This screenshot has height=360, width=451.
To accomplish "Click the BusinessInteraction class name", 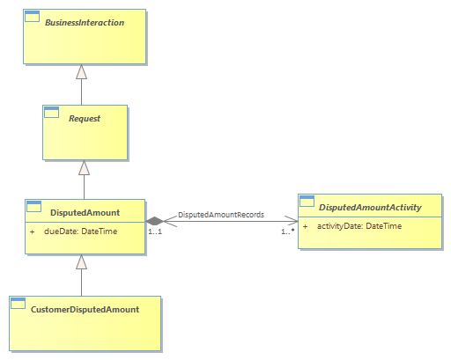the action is point(85,23).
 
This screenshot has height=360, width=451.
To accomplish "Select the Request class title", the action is point(85,119).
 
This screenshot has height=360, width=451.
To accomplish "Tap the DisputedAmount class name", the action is point(85,212).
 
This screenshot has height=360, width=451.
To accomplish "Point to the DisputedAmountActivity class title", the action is point(370,208).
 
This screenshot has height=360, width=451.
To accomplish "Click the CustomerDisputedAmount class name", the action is point(85,310).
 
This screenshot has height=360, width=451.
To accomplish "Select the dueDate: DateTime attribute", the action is point(80,231).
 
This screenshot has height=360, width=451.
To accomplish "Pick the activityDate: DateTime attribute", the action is point(359,226).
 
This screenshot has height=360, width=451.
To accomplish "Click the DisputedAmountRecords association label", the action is point(221,215).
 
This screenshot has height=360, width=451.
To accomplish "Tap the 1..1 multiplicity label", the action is point(155,231).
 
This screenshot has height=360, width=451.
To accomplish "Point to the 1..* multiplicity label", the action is point(288,231).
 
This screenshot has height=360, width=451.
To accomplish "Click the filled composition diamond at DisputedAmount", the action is point(155,221).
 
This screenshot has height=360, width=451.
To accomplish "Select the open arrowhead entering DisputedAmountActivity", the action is point(292,221).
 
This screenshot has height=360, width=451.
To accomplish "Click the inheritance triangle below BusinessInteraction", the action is point(81,71).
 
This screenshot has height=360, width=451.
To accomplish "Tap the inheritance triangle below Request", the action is point(84,167).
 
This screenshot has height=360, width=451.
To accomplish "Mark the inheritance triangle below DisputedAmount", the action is point(81,261).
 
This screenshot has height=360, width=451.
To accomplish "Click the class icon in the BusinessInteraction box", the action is point(32,17).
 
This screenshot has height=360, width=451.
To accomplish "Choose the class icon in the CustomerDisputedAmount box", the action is point(18,304).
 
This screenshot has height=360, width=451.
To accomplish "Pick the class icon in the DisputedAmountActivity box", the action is point(307,202).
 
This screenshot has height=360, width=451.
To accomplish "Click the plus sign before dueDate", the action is point(32,231).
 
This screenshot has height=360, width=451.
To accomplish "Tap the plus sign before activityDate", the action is point(305,226).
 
